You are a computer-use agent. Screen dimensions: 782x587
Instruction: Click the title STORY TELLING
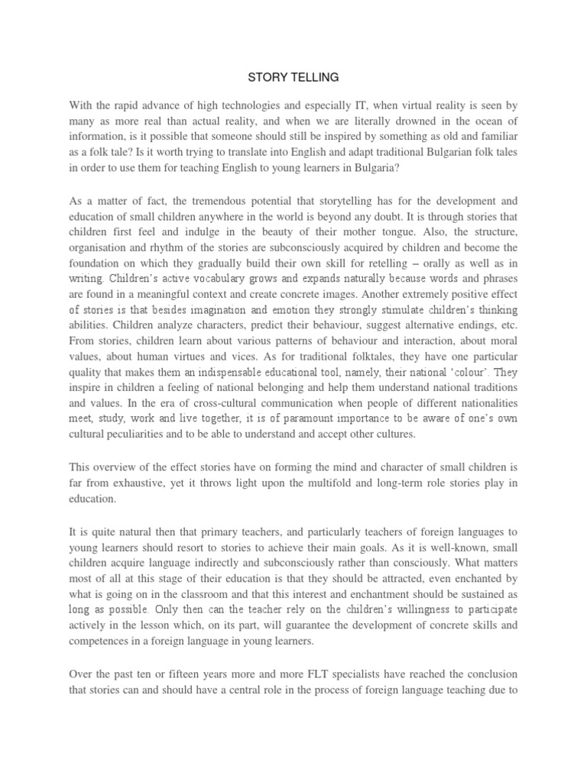pyautogui.click(x=293, y=77)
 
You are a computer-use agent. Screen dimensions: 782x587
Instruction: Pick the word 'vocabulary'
pyautogui.click(x=227, y=280)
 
